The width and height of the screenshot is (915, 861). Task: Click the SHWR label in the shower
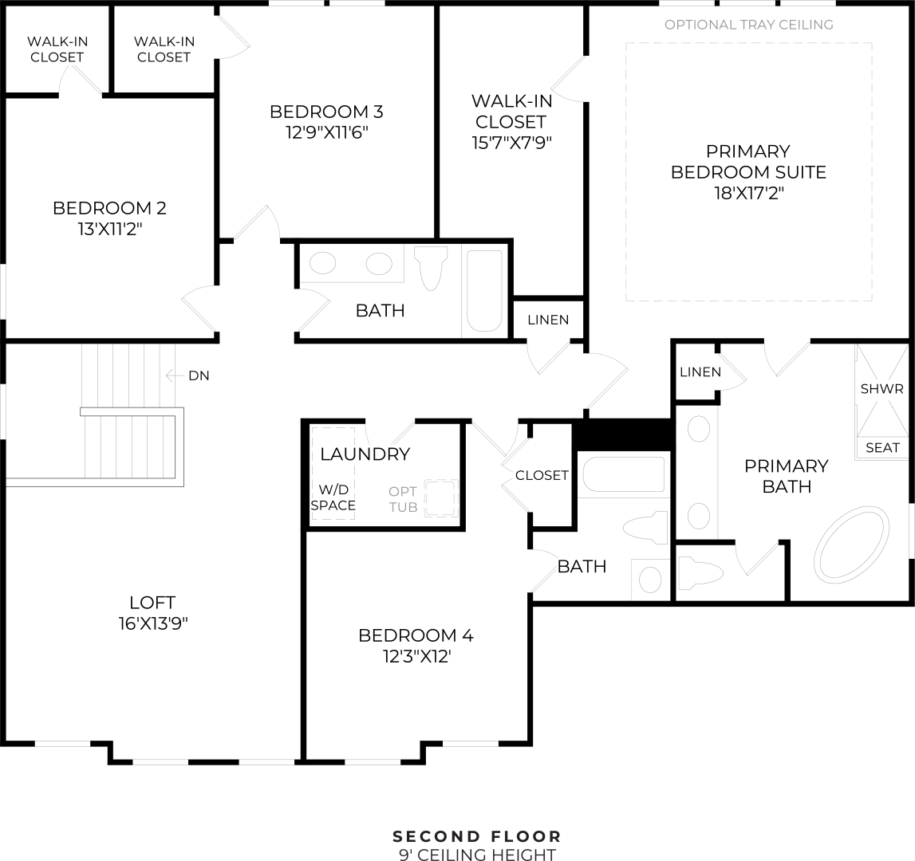tap(881, 389)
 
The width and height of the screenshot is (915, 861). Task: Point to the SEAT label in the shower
tap(882, 448)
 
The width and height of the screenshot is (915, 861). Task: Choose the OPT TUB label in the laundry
tap(403, 499)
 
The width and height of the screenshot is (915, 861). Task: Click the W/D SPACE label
tap(333, 497)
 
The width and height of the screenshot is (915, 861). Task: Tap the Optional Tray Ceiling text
tap(748, 25)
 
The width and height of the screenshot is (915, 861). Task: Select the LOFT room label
tap(152, 603)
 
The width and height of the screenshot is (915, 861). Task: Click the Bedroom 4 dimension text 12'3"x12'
tap(415, 656)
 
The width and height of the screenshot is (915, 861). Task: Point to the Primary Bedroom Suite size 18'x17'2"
tap(747, 193)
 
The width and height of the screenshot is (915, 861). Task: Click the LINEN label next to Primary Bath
tap(700, 372)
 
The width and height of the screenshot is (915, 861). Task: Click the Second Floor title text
tap(477, 836)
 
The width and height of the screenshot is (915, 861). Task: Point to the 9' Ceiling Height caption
tap(477, 855)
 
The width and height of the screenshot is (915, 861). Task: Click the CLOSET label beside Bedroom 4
tap(542, 475)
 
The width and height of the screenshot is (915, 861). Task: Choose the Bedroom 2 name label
tap(109, 208)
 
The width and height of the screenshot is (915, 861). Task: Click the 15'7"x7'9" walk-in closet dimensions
tap(511, 143)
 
